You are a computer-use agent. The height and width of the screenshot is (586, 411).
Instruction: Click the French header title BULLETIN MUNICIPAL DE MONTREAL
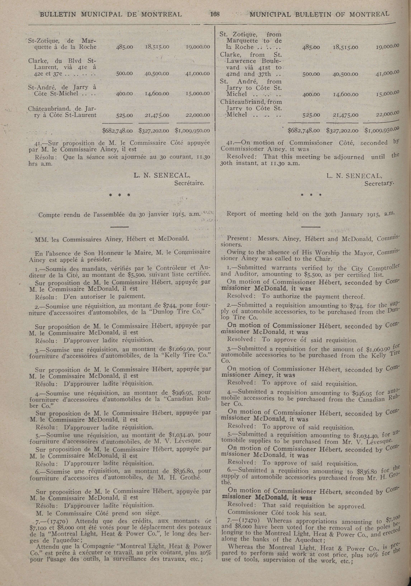111,14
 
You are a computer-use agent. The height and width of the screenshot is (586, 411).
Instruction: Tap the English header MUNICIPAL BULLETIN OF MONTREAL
319,14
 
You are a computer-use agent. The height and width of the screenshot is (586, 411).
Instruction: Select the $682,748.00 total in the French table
117,131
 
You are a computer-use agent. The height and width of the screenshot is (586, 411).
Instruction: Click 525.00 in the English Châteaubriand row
311,115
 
